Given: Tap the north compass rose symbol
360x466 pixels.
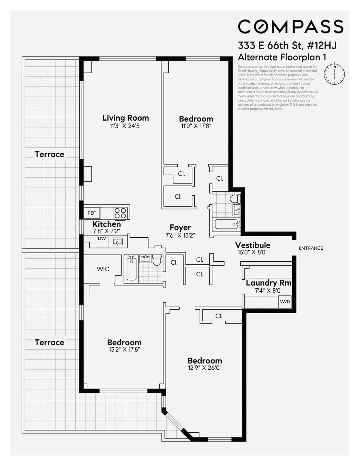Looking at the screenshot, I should coord(334,74).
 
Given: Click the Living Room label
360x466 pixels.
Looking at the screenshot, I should coord(125,118).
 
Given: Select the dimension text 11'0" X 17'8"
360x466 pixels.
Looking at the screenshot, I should coord(196,126).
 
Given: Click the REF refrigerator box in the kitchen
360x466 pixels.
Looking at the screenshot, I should coord(91,213).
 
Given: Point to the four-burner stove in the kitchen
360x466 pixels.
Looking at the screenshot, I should coord(120,213).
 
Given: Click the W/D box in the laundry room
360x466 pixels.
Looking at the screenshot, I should coord(285,302).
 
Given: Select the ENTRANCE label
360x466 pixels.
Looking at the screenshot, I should coord(311,248).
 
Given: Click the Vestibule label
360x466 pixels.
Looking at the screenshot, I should coord(253,245).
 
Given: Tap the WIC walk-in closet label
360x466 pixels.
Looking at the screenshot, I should coord(103,269).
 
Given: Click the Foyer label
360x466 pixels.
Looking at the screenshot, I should coord(180,227).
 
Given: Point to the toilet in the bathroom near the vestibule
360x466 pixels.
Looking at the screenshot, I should coord(235,198).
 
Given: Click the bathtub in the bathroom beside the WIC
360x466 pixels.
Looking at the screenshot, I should coord(131,269).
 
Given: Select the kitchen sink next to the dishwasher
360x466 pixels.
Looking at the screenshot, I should coord(117,241).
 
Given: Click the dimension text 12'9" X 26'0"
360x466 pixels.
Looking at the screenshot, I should coord(205,368).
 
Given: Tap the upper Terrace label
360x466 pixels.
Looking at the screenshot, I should coord(49,154).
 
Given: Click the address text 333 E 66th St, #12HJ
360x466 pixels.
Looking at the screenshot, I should coord(287,46).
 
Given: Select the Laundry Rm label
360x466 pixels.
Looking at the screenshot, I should coord(268,283).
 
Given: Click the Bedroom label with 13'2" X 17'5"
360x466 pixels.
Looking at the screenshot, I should coord(124,342).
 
